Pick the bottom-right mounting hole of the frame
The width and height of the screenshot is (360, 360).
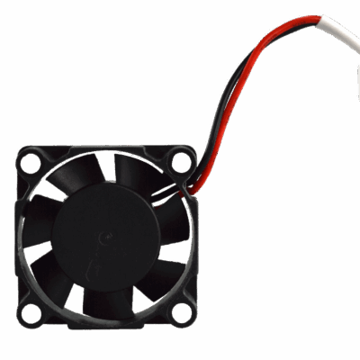coord(183,314)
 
